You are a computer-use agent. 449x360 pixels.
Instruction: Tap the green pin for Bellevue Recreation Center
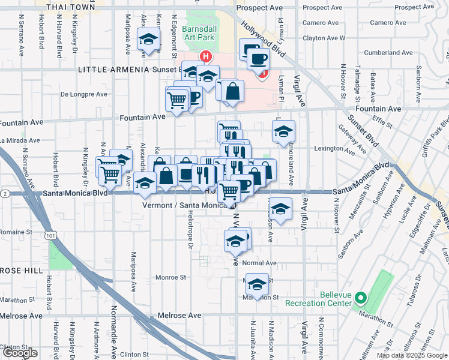(360, 297)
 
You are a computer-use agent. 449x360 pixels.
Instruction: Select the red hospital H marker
(206, 58)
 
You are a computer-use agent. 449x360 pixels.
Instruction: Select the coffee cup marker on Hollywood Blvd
(258, 59)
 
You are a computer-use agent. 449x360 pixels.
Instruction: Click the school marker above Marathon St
(257, 284)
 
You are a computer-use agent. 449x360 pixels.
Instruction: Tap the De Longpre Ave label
(84, 94)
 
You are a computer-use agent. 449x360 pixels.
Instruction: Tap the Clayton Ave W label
(324, 37)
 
